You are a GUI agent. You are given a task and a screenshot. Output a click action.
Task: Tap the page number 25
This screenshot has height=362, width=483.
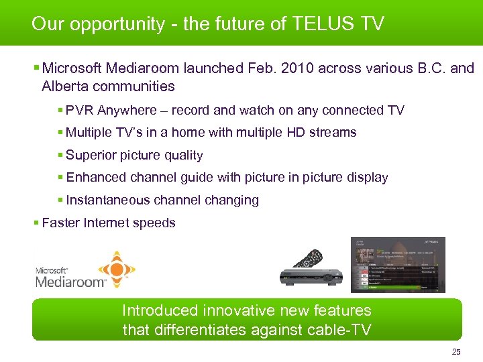[456, 352]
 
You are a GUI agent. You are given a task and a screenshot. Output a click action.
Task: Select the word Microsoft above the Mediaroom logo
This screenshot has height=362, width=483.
[51, 270]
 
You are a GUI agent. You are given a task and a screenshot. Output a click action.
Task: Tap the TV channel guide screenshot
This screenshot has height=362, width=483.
[398, 265]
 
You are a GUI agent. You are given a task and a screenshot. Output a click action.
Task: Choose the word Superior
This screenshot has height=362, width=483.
[91, 155]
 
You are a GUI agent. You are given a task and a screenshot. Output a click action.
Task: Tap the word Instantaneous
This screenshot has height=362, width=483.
[108, 200]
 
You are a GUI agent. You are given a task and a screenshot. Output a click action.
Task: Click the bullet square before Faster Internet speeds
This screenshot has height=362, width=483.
[36, 223]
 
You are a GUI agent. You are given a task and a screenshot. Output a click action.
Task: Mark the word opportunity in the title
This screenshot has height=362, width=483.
[118, 25]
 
